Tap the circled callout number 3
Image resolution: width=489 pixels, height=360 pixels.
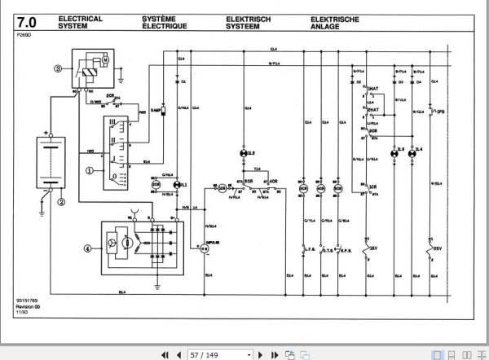pos(57,68)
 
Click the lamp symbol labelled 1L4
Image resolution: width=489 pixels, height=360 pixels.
pos(415,153)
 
